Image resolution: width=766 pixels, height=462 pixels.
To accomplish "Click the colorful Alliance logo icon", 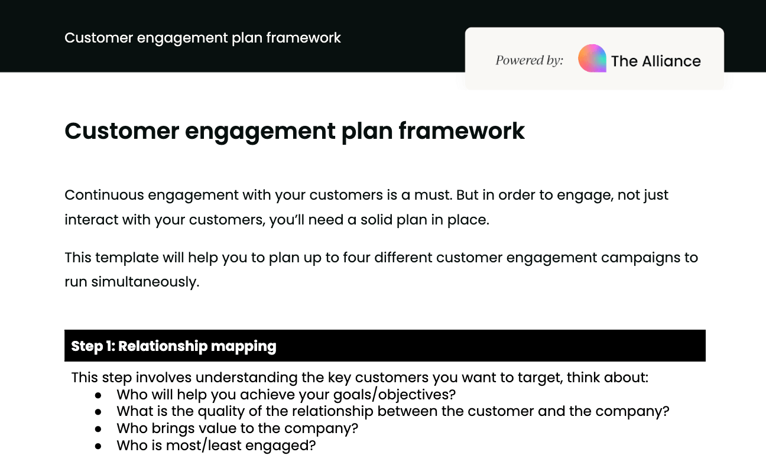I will (x=592, y=58).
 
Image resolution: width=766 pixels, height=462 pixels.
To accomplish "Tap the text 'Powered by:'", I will (x=529, y=60).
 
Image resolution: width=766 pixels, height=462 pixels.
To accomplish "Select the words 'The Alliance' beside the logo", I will (x=655, y=61).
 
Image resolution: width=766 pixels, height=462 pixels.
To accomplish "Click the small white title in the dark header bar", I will (x=203, y=38).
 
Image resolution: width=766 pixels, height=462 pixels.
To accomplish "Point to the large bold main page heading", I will (x=294, y=131).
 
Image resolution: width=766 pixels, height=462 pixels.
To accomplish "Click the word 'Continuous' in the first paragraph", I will (x=104, y=195).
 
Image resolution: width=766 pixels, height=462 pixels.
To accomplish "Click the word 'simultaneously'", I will (x=145, y=282).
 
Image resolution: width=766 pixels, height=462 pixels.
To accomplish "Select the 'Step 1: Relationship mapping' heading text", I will (x=174, y=346).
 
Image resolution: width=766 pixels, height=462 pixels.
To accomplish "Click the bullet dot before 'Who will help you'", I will (x=98, y=394).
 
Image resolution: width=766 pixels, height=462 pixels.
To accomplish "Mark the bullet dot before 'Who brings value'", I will (x=98, y=428).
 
